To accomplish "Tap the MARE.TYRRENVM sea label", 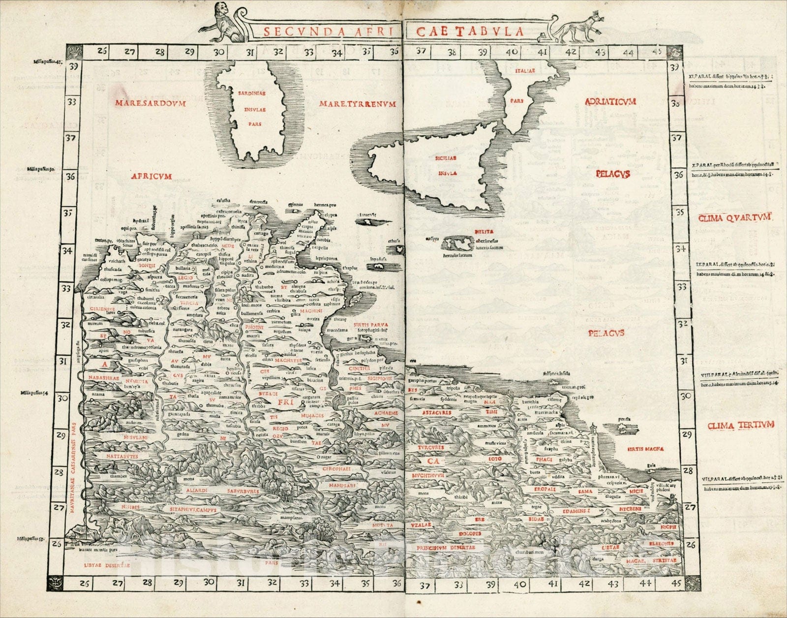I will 357,104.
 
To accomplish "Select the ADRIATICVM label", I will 610,101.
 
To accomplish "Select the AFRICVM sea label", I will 151,176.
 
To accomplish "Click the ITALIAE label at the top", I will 524,71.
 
